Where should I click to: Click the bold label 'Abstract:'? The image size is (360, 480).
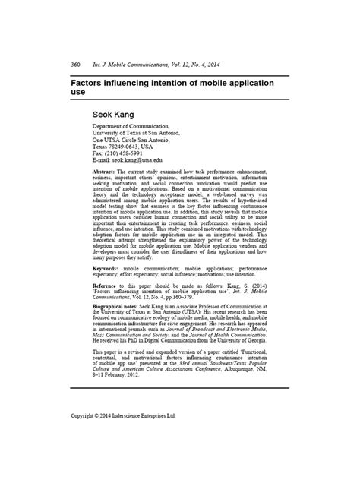tap(107, 174)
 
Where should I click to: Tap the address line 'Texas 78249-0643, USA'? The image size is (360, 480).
tap(126, 147)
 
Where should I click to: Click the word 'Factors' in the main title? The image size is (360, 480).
tap(93, 78)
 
